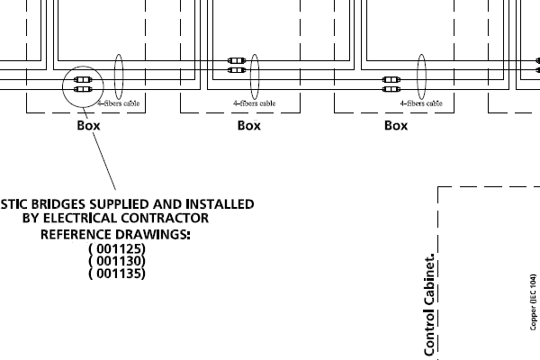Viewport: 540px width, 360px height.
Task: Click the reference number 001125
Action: (117, 248)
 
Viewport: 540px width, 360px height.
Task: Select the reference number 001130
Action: (117, 261)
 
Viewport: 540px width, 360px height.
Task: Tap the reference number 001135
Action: (117, 273)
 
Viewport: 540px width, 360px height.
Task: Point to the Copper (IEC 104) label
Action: (534, 305)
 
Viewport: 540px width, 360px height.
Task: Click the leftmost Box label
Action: (88, 126)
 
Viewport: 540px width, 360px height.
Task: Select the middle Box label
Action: (249, 126)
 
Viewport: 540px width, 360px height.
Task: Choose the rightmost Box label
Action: (396, 126)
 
